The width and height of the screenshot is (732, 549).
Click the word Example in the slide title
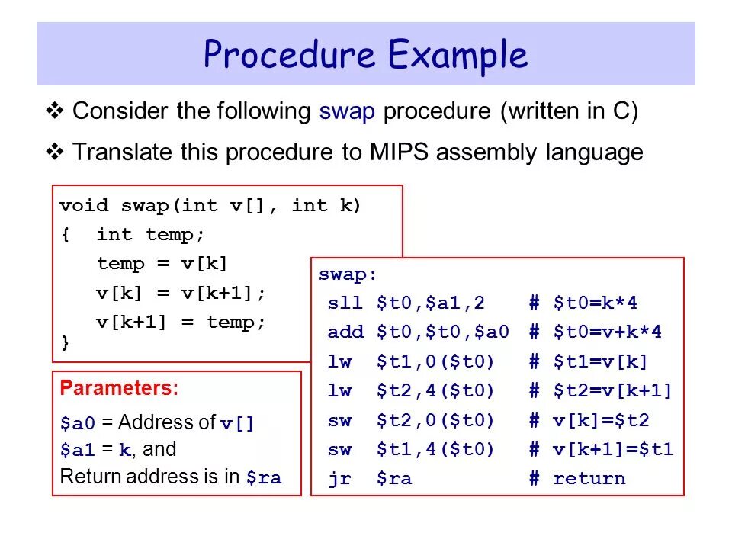pos(457,55)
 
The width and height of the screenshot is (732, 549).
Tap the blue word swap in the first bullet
pos(347,112)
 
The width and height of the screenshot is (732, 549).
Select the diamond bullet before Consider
pos(55,112)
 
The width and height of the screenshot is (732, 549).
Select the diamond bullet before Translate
pos(55,152)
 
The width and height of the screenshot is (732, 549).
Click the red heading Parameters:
pos(119,388)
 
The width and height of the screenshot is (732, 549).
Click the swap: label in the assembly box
pos(348,274)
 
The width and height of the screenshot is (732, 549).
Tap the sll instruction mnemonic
pos(339,303)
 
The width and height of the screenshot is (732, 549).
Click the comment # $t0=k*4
pos(583,303)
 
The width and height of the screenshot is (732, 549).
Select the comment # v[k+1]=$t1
pos(602,450)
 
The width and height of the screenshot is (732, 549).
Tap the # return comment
pos(577,480)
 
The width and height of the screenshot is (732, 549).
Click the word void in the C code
pos(85,206)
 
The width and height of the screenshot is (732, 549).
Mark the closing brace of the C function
pos(65,343)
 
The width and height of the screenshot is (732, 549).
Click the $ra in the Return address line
pos(264,479)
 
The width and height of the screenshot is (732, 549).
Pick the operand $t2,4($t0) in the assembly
pos(435,392)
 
